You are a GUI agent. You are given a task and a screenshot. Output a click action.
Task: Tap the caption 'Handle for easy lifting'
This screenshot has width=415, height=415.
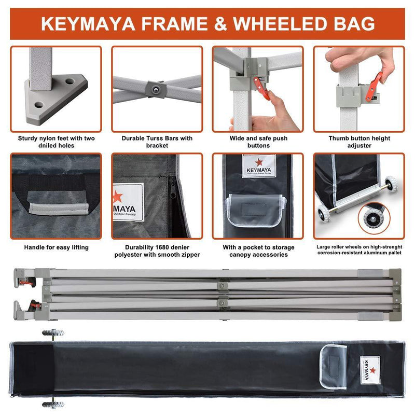point(56,247)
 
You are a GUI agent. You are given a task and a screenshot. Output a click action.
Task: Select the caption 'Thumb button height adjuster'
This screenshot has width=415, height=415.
point(359,142)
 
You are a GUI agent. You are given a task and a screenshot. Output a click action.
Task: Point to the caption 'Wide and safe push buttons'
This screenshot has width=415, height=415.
point(258,142)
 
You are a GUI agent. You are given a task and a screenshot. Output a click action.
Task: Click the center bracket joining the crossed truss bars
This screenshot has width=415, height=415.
point(156,89)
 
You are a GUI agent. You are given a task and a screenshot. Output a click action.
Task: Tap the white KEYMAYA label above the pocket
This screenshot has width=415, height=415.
point(258,165)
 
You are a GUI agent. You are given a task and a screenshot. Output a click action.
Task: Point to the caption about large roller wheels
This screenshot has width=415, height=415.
point(359,251)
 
